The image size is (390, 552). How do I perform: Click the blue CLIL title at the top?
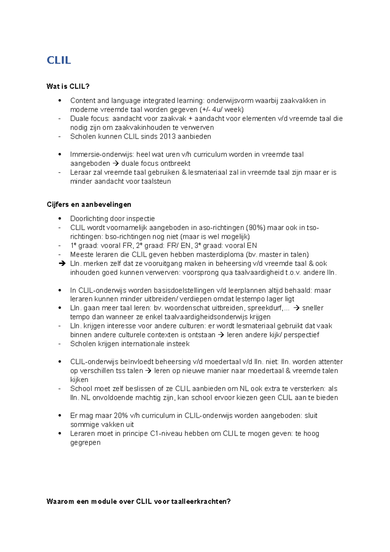coord(59,60)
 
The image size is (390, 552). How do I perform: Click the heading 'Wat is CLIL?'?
coord(68,86)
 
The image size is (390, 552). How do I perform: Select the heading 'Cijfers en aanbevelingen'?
coord(89,204)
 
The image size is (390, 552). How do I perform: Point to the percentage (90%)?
coord(255,228)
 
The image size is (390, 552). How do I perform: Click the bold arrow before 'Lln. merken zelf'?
coord(62,264)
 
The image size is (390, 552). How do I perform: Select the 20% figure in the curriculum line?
coord(121,416)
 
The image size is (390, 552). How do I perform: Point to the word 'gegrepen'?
coord(85,443)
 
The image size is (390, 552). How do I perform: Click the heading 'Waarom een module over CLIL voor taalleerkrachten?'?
coord(138,501)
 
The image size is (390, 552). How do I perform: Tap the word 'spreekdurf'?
coord(265,308)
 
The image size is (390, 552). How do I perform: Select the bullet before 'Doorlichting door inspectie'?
coord(60,219)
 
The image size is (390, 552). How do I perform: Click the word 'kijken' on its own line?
coord(79,380)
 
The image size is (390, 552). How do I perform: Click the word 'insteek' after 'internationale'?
coord(178,344)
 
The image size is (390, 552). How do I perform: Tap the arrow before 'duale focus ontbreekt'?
coord(116,164)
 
